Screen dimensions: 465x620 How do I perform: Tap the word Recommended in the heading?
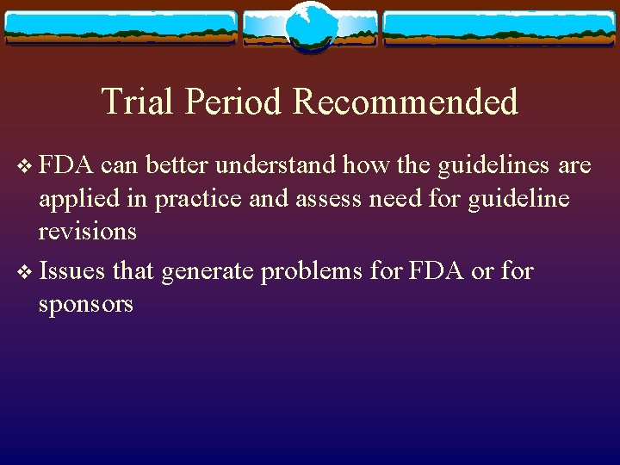point(406,102)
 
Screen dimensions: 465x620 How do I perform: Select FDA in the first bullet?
point(65,164)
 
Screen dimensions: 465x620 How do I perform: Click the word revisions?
point(87,232)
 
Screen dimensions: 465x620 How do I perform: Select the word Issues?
point(72,271)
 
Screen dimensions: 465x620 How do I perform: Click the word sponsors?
point(86,304)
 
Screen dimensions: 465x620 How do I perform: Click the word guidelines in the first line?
point(483,164)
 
